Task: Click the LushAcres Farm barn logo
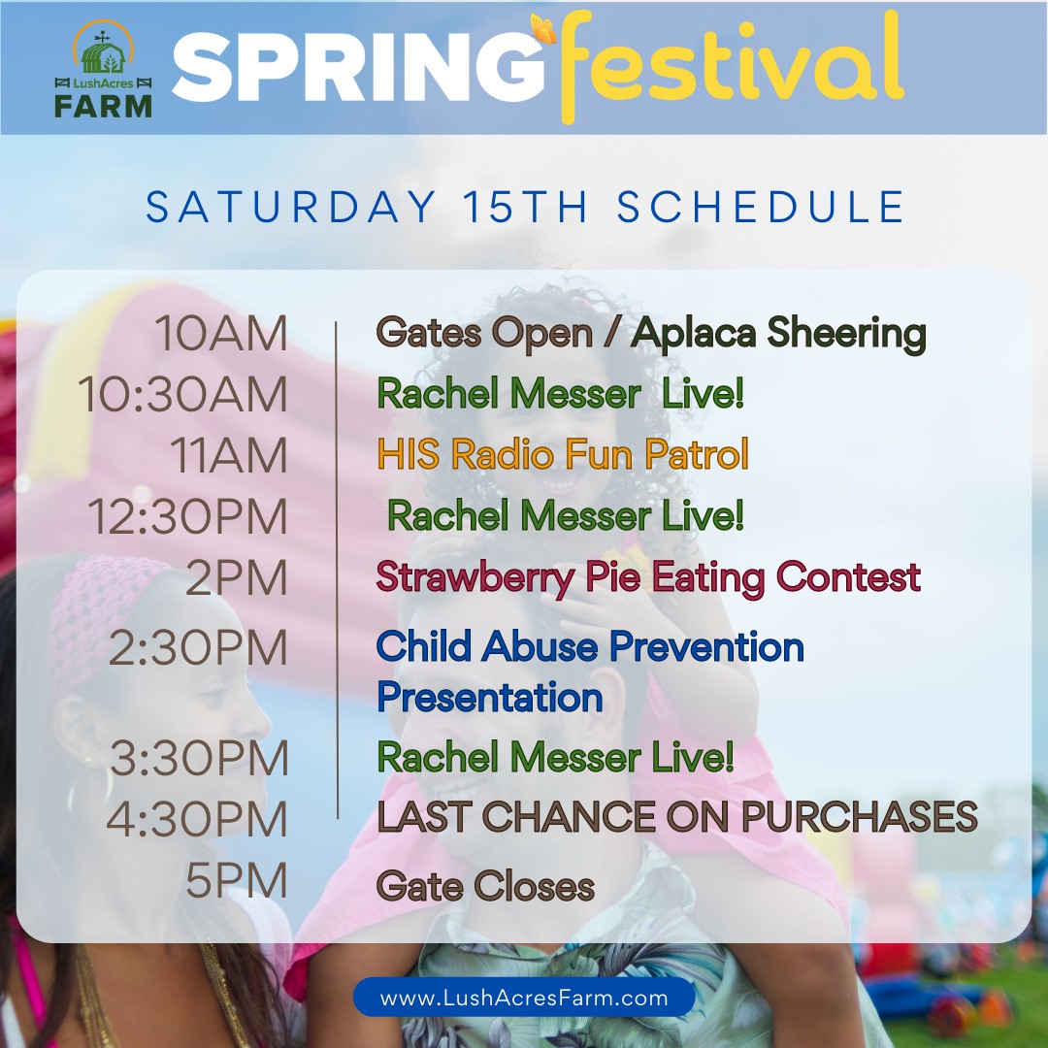(103, 69)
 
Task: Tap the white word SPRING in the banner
(360, 68)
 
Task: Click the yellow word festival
(732, 67)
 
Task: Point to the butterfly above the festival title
(542, 28)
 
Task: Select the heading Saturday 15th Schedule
(525, 207)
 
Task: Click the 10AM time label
(221, 333)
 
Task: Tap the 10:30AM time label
(182, 394)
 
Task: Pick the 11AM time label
(229, 455)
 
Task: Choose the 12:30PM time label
(188, 516)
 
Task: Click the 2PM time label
(237, 577)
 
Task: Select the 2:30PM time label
(198, 647)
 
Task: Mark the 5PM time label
(237, 879)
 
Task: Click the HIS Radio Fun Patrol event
(563, 454)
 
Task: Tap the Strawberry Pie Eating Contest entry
(648, 577)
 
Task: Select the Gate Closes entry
(485, 886)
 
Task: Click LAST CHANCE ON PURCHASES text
(677, 816)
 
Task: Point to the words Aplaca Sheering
(778, 333)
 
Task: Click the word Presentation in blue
(490, 697)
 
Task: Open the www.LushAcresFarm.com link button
(524, 998)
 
